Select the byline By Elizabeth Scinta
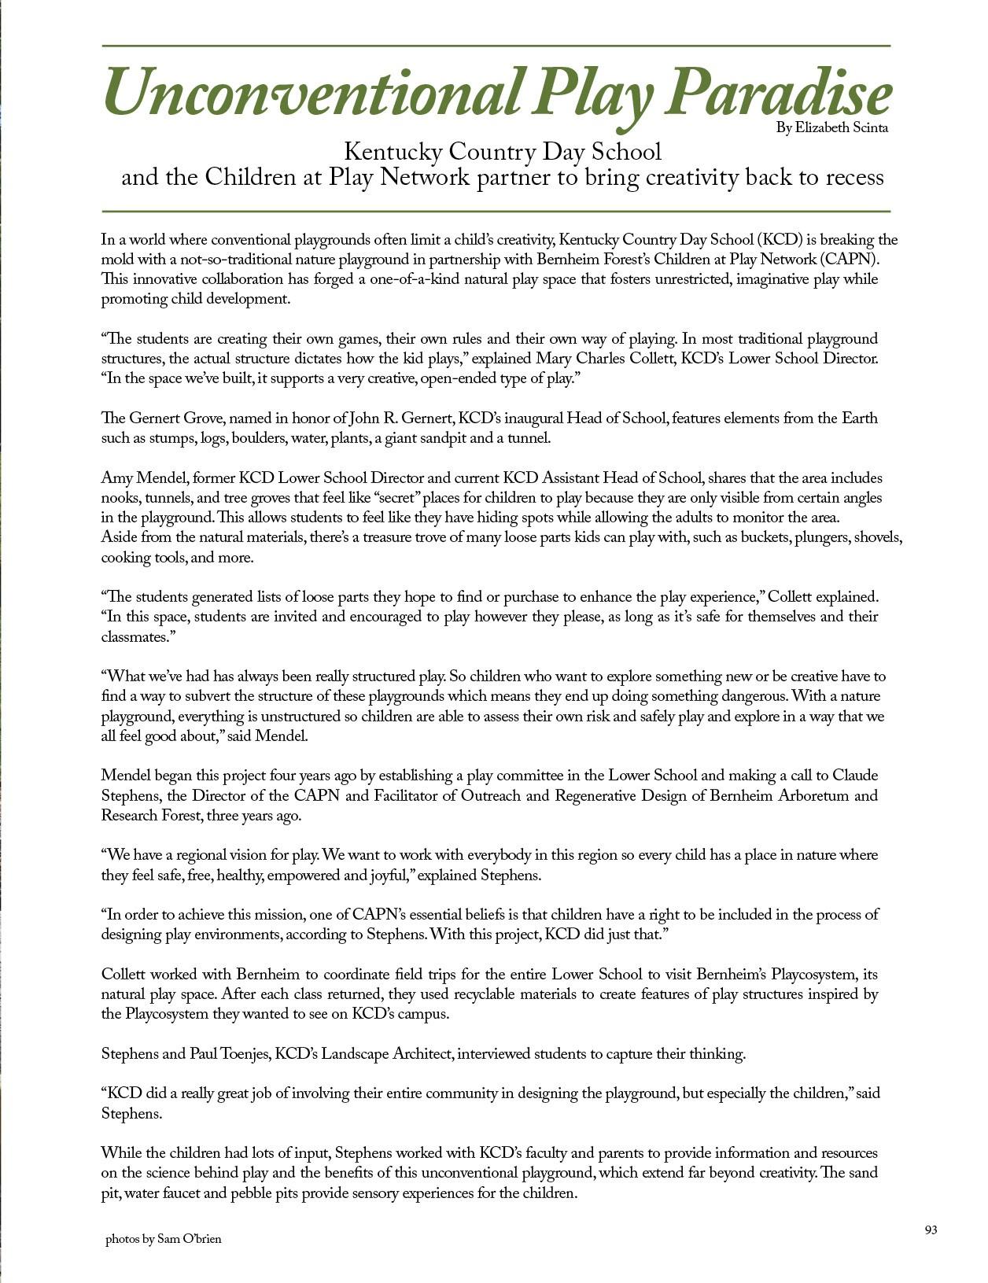point(832,128)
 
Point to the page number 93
point(931,1230)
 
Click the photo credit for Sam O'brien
point(164,1239)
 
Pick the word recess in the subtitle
point(854,178)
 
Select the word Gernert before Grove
point(156,418)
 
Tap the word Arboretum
point(814,795)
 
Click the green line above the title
point(496,46)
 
